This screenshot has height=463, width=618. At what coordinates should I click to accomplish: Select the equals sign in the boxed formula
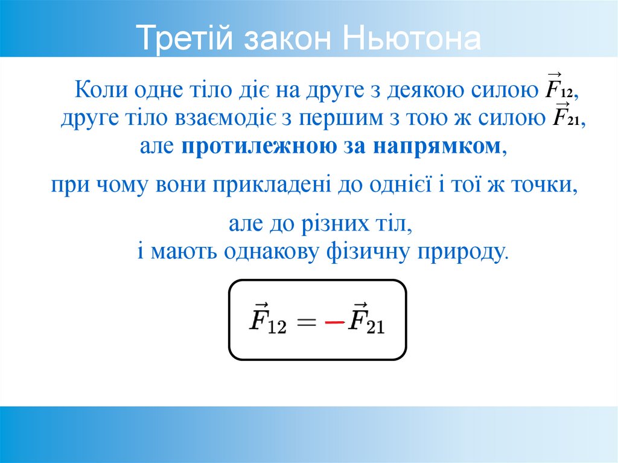(305, 323)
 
